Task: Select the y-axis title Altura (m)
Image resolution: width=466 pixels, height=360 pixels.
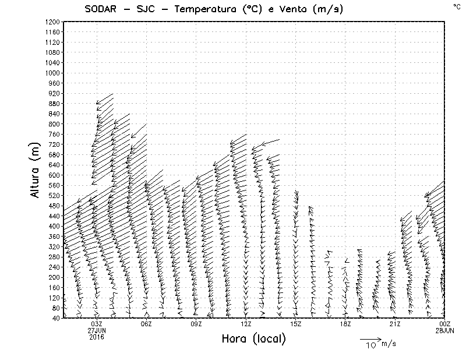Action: click(x=36, y=170)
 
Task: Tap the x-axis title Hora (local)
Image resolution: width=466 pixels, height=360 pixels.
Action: click(x=253, y=339)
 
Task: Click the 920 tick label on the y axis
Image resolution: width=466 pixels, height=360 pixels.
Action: click(x=54, y=93)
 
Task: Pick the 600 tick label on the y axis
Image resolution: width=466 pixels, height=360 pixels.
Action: click(x=54, y=175)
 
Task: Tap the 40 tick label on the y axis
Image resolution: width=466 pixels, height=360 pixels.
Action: click(x=55, y=318)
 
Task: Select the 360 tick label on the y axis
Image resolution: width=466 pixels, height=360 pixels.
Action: click(x=54, y=236)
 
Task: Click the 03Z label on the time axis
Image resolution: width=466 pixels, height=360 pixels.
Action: click(x=97, y=324)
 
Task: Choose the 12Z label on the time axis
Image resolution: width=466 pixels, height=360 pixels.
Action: click(x=246, y=324)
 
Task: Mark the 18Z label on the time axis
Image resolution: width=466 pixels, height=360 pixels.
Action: click(x=345, y=324)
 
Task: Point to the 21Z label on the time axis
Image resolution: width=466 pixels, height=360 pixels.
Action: click(x=395, y=324)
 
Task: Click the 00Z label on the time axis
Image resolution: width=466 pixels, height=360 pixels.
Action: click(x=445, y=324)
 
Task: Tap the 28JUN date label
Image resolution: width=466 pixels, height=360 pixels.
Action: click(x=445, y=330)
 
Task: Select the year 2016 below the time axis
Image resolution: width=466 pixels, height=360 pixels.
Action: click(x=97, y=336)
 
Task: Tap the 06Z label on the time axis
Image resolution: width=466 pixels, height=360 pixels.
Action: click(x=146, y=324)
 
